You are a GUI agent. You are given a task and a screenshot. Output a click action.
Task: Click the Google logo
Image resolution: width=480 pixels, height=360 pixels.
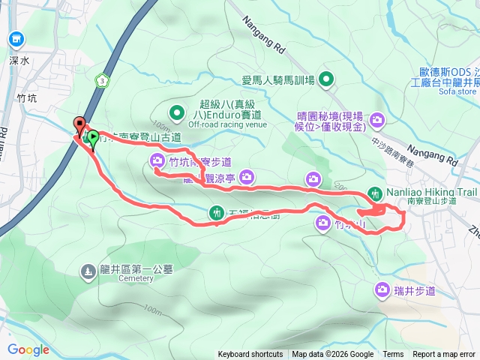(x=28, y=349)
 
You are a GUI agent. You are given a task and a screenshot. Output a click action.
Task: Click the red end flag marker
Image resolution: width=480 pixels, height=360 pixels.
(x=78, y=125)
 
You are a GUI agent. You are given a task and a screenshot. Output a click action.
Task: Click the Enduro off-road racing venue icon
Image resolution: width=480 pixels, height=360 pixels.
(x=177, y=113)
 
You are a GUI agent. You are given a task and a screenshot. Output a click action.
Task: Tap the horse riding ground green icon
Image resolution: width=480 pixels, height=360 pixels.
(x=327, y=79)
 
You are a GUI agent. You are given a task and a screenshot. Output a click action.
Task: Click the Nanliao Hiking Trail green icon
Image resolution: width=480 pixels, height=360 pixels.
(x=375, y=192)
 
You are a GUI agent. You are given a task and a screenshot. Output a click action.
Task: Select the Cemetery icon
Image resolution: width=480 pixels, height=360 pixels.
(x=88, y=270)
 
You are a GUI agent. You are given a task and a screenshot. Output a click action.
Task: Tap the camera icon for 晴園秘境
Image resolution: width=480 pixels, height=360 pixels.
(x=377, y=118)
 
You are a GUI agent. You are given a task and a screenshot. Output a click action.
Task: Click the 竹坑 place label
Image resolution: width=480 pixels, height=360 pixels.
(x=26, y=98)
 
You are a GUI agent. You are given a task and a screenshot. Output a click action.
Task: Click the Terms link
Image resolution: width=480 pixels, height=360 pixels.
(x=393, y=355)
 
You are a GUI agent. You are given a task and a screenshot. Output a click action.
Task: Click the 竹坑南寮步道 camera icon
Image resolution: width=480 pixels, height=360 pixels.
(x=157, y=160)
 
